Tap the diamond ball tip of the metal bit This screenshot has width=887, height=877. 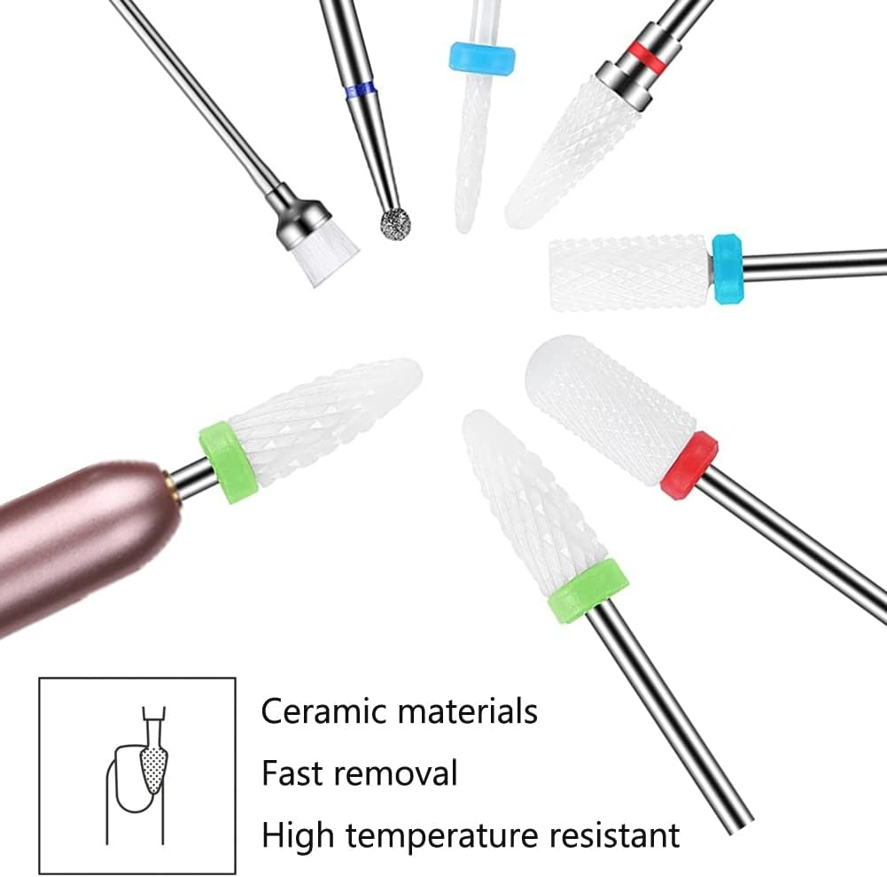[394, 223]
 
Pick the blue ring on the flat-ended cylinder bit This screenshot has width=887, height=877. [727, 269]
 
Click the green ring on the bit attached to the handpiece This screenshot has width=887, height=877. [228, 462]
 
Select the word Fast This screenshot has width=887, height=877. [291, 772]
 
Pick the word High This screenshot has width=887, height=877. [297, 834]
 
